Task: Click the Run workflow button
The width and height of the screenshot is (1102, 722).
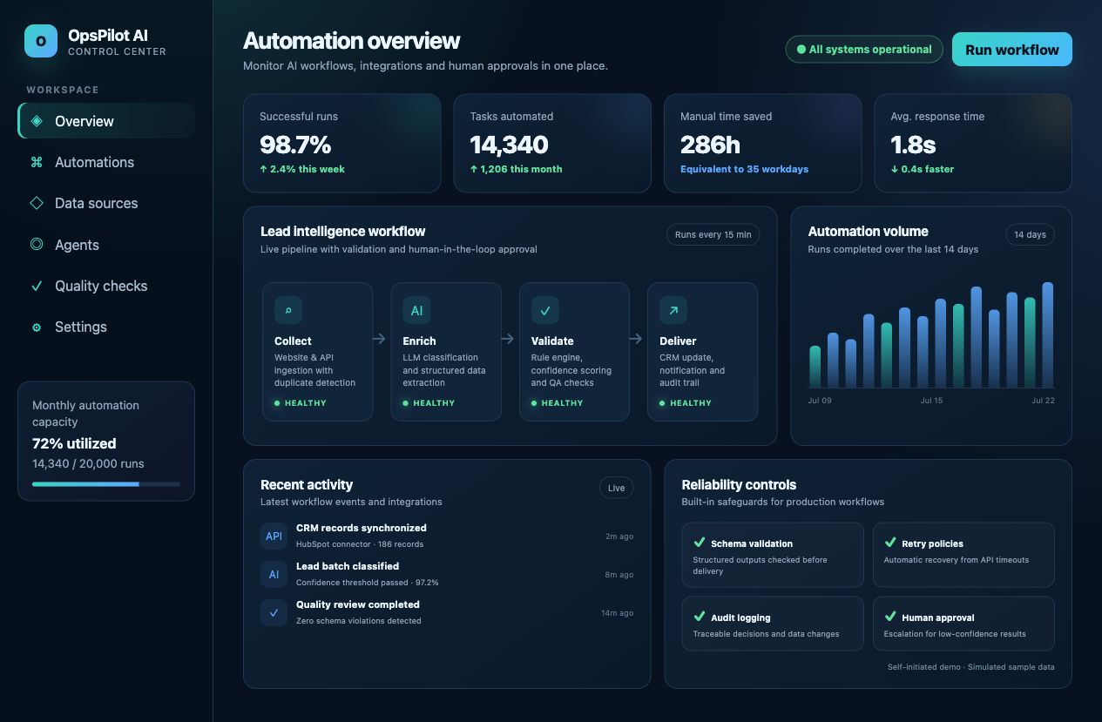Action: pyautogui.click(x=1012, y=49)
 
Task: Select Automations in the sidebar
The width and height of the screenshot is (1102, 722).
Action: pyautogui.click(x=94, y=162)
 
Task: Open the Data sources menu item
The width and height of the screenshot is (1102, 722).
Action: pyautogui.click(x=96, y=203)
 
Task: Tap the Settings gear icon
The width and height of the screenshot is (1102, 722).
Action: pyautogui.click(x=37, y=327)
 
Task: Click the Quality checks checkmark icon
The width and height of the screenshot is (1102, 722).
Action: pyautogui.click(x=37, y=286)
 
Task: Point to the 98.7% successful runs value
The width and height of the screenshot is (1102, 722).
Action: pyautogui.click(x=295, y=145)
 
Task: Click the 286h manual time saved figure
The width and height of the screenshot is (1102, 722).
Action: pyautogui.click(x=710, y=145)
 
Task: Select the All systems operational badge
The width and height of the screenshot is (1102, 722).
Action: pyautogui.click(x=864, y=49)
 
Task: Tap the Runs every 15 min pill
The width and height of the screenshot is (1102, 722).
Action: pyautogui.click(x=713, y=234)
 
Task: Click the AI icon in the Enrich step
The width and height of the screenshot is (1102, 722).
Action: pyautogui.click(x=416, y=310)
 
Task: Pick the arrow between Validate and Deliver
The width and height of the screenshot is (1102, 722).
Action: pyautogui.click(x=636, y=339)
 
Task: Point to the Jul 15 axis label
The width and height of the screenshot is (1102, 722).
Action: pyautogui.click(x=932, y=401)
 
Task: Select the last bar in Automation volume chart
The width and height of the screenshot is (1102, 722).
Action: pyautogui.click(x=1048, y=335)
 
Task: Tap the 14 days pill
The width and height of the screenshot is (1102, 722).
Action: pyautogui.click(x=1031, y=234)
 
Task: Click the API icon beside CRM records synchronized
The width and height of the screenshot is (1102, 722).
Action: pyautogui.click(x=274, y=536)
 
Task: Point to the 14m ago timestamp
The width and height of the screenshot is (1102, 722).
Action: pyautogui.click(x=617, y=613)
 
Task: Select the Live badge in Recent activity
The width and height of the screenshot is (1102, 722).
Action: pyautogui.click(x=617, y=488)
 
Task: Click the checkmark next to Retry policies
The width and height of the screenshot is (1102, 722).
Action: pyautogui.click(x=890, y=542)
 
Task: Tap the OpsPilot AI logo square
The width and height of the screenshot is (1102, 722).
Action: pyautogui.click(x=41, y=41)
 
